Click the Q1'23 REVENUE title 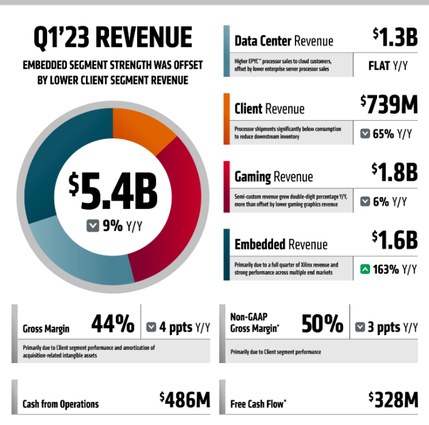pos(113,38)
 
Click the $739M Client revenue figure pos(388,105)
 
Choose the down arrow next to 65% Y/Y pos(364,133)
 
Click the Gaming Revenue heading pos(273,177)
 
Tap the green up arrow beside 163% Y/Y pos(365,270)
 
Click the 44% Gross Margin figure pos(113,324)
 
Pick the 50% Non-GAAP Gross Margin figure pos(322,324)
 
